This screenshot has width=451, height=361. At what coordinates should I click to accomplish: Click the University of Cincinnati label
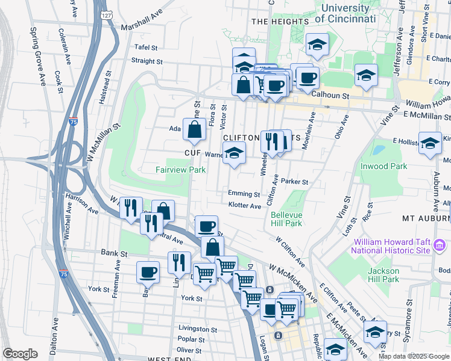(x=345, y=13)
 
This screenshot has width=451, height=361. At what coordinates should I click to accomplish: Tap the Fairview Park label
(x=180, y=170)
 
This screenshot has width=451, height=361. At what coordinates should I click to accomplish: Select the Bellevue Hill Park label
(x=286, y=219)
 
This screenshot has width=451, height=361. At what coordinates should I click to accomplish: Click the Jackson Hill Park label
(x=383, y=275)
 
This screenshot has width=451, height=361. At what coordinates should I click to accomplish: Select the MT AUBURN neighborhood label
(x=426, y=218)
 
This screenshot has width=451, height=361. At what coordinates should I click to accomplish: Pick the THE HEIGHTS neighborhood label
(x=280, y=22)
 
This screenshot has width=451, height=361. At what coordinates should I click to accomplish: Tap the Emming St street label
(x=244, y=194)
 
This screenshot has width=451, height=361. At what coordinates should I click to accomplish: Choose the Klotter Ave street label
(x=244, y=206)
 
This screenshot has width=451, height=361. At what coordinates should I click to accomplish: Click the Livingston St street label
(x=198, y=329)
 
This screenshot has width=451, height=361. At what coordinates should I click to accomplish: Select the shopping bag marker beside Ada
(x=194, y=129)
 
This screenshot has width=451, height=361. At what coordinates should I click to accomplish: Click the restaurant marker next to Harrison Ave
(x=131, y=208)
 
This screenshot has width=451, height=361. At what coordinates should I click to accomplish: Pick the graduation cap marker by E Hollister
(x=430, y=144)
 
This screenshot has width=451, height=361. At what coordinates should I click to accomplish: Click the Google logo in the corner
(x=20, y=354)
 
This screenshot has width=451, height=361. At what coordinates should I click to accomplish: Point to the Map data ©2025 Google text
(x=413, y=356)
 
